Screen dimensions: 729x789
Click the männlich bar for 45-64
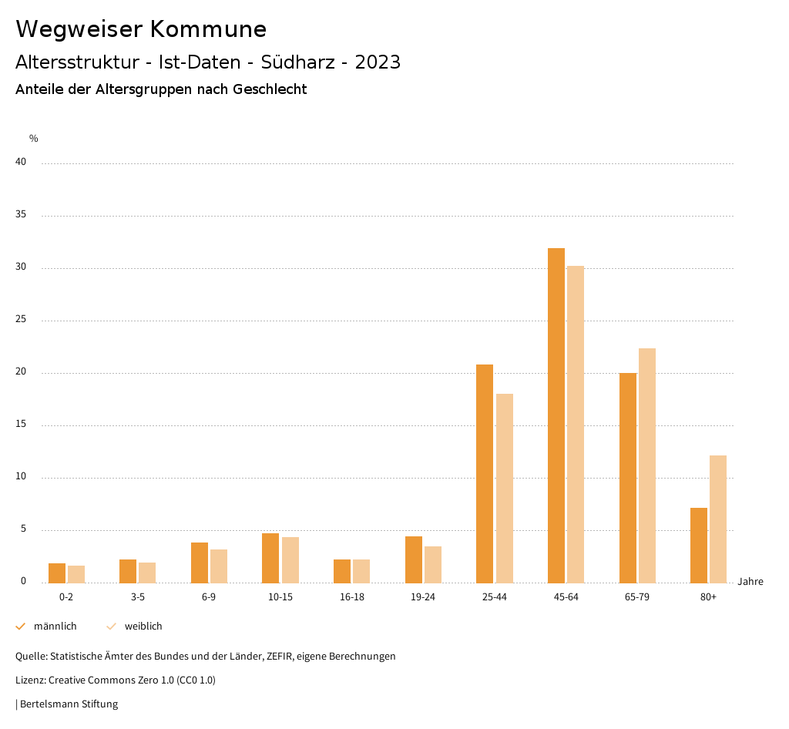pos(556,415)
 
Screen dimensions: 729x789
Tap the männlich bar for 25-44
pos(485,473)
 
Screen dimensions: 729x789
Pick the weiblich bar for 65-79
pos(647,465)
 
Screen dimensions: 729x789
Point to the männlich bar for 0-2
pos(57,573)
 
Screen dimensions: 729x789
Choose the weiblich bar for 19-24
pos(433,564)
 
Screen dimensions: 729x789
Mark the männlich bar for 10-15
pos(270,558)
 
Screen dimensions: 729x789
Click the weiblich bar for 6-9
pos(219,566)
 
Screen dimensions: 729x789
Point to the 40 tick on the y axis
pos(21,162)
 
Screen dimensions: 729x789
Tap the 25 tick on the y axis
pos(21,319)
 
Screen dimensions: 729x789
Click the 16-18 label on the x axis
pos(352,597)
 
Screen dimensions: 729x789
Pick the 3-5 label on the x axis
pos(138,597)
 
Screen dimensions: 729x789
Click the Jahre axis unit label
pos(750,582)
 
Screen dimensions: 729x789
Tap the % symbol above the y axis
pos(34,139)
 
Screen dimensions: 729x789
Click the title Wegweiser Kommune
pos(141,29)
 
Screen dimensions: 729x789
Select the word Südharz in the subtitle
pos(304,62)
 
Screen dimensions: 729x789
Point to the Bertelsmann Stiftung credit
pos(69,704)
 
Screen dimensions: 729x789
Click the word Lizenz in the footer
pos(30,680)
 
